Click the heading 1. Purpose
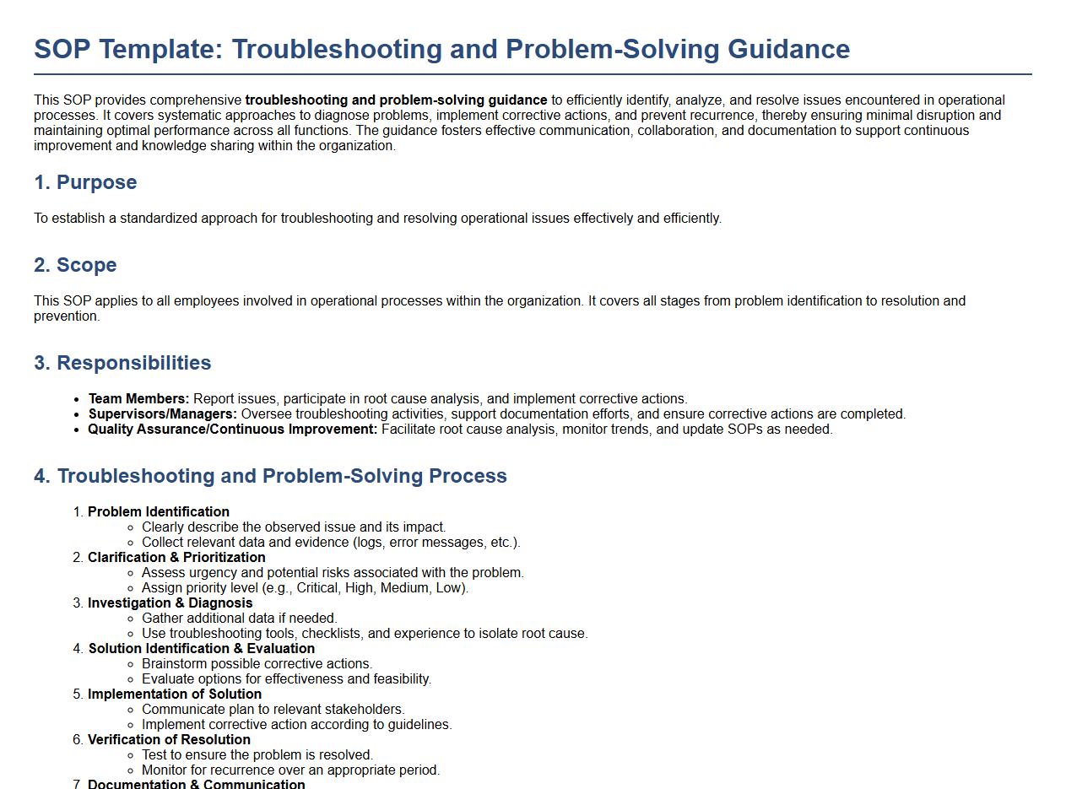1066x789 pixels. pos(85,182)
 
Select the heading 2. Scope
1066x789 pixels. pos(75,265)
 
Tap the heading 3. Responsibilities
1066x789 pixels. pos(122,363)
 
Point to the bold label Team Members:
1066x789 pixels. pos(138,399)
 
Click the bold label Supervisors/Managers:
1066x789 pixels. pos(162,414)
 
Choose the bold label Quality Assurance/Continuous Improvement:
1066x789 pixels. pos(232,430)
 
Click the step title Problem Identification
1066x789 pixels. pos(158,512)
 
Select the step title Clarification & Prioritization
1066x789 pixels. pos(176,558)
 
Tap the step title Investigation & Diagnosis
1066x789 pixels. pos(170,603)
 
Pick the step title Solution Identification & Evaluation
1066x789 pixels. pos(201,649)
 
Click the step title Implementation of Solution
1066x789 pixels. pos(174,694)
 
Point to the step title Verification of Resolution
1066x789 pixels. pos(169,740)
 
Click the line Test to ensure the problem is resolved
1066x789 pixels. pos(257,755)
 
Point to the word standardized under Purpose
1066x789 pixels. pos(158,219)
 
